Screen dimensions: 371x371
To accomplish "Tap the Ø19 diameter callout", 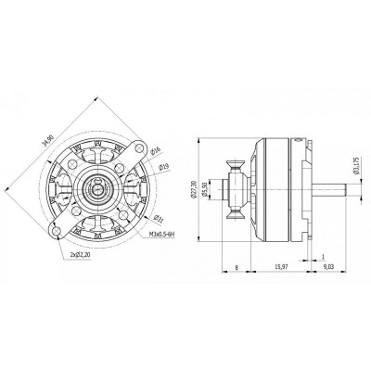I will [x=164, y=167].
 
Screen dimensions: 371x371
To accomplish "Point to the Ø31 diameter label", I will [x=158, y=219].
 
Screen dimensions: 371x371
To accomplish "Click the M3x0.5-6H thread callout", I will [x=162, y=236].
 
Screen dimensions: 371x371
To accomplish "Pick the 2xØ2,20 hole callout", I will [x=85, y=254].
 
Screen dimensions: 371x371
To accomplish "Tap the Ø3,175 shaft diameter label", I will [x=357, y=167].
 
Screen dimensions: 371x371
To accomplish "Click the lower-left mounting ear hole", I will [x=58, y=228].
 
